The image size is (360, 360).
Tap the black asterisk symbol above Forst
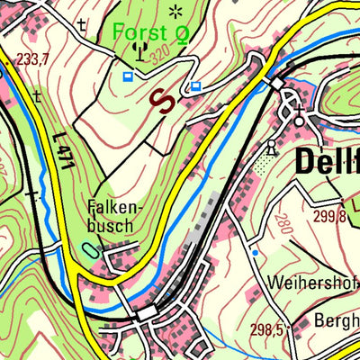175,11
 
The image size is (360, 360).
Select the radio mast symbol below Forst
139,50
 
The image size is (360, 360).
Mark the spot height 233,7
32,58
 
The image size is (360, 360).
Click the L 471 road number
61,147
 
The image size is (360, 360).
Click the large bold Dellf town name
327,165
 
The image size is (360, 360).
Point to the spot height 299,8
330,216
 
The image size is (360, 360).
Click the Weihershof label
312,282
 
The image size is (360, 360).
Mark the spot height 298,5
267,330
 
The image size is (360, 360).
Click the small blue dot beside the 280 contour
255,253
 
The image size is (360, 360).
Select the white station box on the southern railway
146,312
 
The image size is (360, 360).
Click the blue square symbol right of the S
195,86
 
